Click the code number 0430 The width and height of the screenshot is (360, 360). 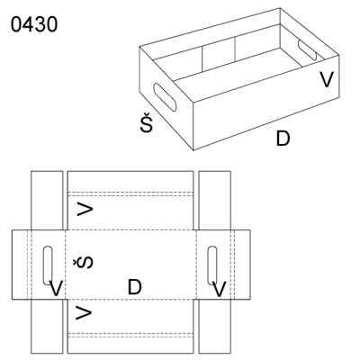pyautogui.click(x=34, y=24)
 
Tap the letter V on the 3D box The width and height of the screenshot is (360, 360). pyautogui.click(x=326, y=79)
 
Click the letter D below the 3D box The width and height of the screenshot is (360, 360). pyautogui.click(x=283, y=139)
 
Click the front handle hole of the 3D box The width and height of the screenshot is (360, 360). pyautogui.click(x=165, y=97)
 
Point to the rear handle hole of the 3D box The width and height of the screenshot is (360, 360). pyautogui.click(x=307, y=49)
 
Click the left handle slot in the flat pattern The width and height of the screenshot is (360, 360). pyautogui.click(x=48, y=265)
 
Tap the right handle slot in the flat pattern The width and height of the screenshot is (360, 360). pyautogui.click(x=212, y=265)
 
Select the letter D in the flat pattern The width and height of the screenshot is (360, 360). pyautogui.click(x=134, y=287)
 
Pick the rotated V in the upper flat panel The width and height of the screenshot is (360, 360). pyautogui.click(x=85, y=209)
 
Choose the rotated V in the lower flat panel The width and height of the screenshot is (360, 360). pyautogui.click(x=84, y=312)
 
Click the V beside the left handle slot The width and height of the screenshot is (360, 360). pyautogui.click(x=56, y=289)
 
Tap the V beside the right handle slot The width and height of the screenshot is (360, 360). pyautogui.click(x=220, y=289)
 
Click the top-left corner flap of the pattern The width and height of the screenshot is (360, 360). pyautogui.click(x=47, y=201)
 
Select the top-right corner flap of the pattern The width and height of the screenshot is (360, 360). pyautogui.click(x=215, y=201)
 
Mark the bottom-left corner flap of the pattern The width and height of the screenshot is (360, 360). pyautogui.click(x=47, y=326)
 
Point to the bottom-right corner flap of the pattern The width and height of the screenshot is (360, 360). pyautogui.click(x=215, y=326)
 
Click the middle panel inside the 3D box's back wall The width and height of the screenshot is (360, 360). pyautogui.click(x=219, y=55)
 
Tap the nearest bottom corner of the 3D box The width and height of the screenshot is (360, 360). pyautogui.click(x=193, y=149)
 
